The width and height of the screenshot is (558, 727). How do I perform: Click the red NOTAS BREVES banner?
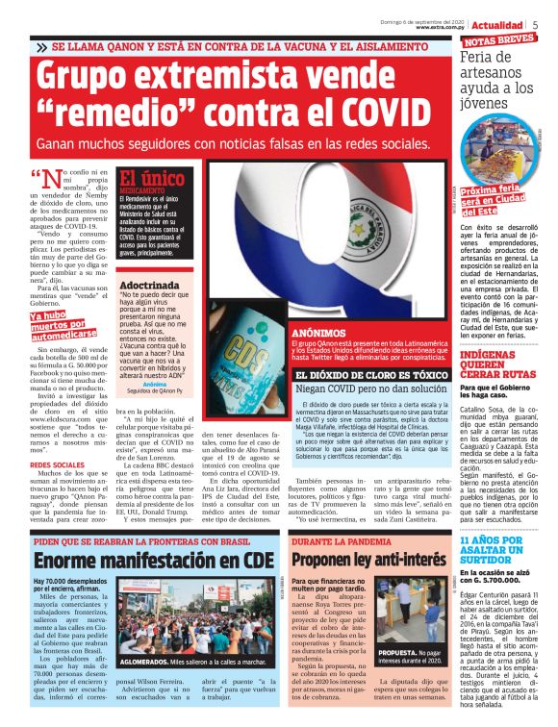[499, 41]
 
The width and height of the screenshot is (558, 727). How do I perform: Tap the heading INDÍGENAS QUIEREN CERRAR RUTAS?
[501, 365]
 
